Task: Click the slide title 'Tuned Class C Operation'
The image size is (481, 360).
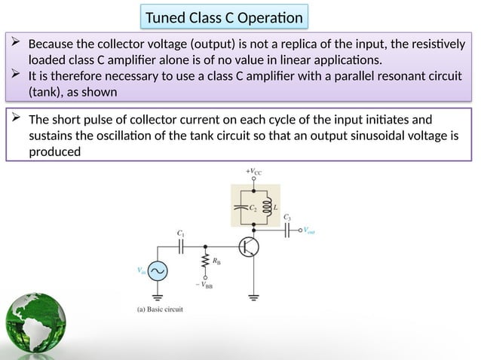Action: click(x=224, y=17)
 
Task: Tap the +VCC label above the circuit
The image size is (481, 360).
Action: click(x=254, y=172)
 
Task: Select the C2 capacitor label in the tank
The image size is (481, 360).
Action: click(x=254, y=205)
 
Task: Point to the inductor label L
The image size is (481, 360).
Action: click(x=274, y=205)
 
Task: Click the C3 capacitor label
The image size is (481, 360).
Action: click(x=287, y=217)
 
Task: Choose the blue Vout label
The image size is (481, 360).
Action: click(x=310, y=232)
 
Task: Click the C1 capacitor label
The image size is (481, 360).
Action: click(x=181, y=234)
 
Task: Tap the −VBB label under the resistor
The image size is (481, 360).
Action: click(x=204, y=285)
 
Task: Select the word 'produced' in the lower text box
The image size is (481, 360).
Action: click(x=54, y=151)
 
